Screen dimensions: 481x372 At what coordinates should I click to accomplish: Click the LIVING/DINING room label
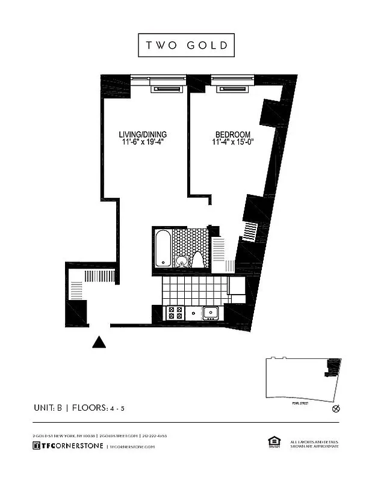click(x=142, y=134)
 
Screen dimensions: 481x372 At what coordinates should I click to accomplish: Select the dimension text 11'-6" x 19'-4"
click(x=142, y=142)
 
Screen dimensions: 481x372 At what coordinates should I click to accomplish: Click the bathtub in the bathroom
click(x=163, y=248)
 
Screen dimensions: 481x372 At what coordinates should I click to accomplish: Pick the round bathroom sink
click(x=181, y=261)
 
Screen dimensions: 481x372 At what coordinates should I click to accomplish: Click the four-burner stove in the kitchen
click(x=175, y=313)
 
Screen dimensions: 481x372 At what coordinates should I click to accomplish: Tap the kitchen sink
click(x=211, y=312)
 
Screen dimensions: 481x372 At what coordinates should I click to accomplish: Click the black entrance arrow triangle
click(x=99, y=342)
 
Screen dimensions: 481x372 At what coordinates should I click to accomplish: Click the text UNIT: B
click(x=49, y=408)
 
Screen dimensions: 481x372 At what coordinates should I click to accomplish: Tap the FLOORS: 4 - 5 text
click(x=99, y=408)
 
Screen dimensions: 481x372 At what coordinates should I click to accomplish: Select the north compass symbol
click(x=336, y=409)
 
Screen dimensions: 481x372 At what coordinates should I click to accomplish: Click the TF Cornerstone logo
click(x=67, y=446)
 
